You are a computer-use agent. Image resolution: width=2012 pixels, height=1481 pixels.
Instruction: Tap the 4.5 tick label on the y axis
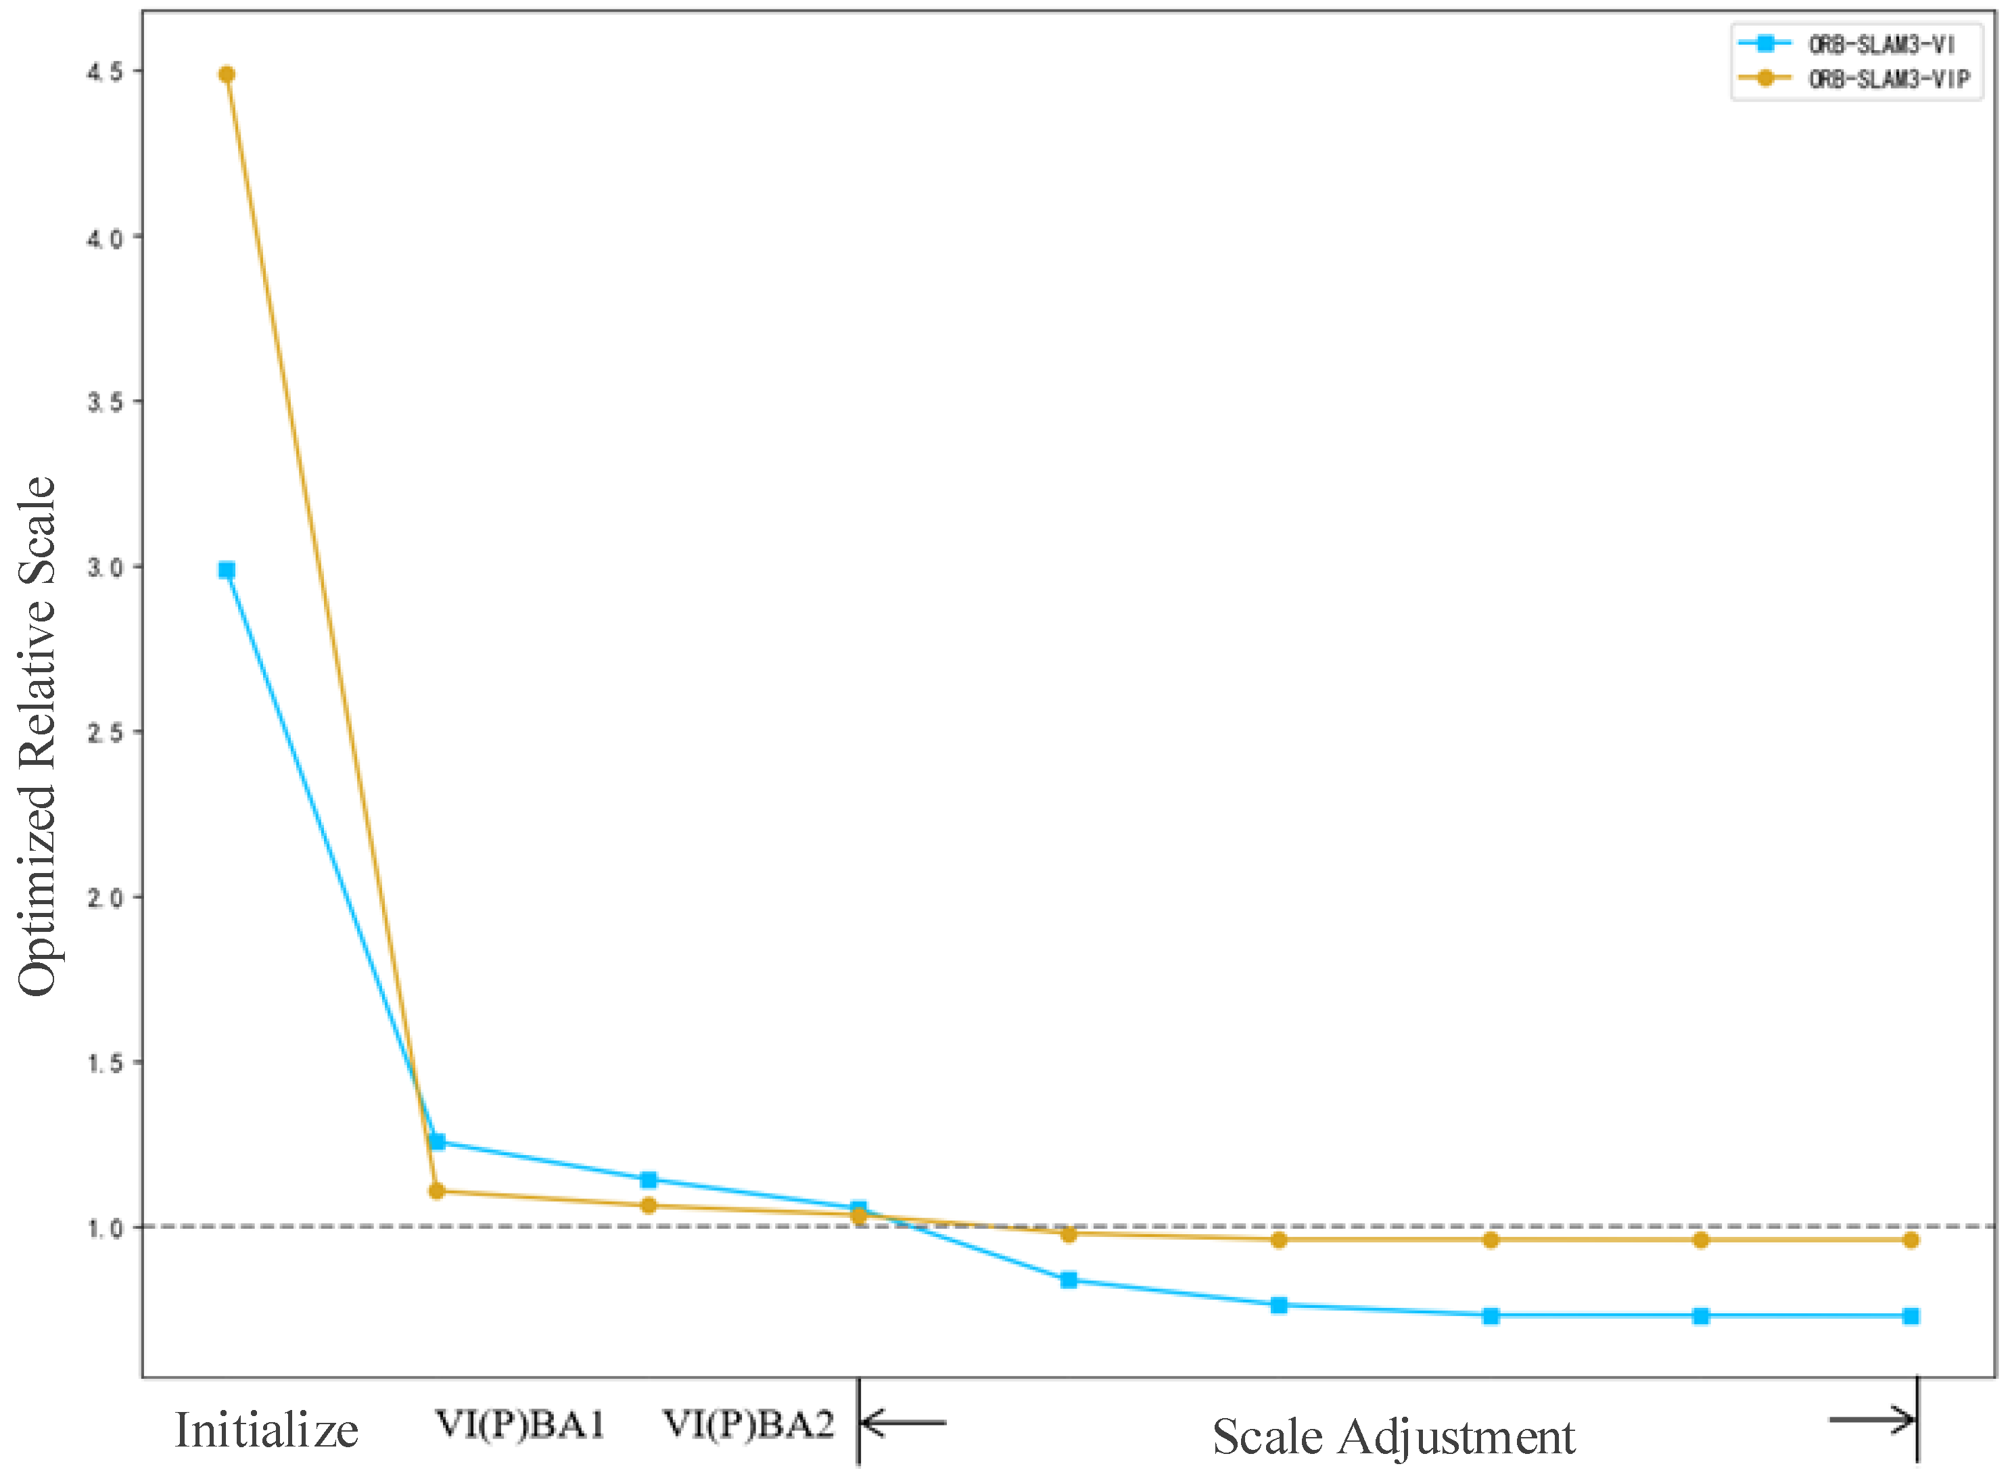pos(104,72)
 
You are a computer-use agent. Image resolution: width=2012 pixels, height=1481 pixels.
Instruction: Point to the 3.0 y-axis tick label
pos(104,567)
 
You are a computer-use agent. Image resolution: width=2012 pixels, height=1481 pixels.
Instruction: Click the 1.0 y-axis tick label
pos(104,1228)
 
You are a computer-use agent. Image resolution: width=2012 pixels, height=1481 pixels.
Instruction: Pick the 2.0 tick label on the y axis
pos(104,897)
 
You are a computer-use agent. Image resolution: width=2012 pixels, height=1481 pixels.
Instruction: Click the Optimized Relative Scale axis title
pos(38,735)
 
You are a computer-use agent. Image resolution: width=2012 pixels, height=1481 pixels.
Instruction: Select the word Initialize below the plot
pos(266,1430)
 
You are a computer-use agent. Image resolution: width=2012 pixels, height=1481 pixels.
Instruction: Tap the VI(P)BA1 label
pos(520,1424)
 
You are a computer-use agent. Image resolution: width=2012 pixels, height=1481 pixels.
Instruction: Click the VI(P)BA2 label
pos(748,1424)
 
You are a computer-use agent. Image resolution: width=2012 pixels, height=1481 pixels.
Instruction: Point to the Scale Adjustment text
pos(1393,1437)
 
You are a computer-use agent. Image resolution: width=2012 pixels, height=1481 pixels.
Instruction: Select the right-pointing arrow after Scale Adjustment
pos(1871,1419)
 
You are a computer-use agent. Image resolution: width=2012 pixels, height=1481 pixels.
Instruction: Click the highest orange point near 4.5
pos(227,74)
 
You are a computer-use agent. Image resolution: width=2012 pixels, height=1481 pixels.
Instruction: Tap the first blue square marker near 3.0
pos(227,570)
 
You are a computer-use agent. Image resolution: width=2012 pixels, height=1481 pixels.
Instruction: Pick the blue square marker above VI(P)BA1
pos(438,1142)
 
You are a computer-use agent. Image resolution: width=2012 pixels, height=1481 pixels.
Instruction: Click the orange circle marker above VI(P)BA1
pos(437,1192)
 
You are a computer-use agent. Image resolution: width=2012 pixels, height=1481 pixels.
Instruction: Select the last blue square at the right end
pos(1911,1316)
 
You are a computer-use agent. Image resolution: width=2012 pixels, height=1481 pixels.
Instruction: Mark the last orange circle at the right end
pos(1911,1240)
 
